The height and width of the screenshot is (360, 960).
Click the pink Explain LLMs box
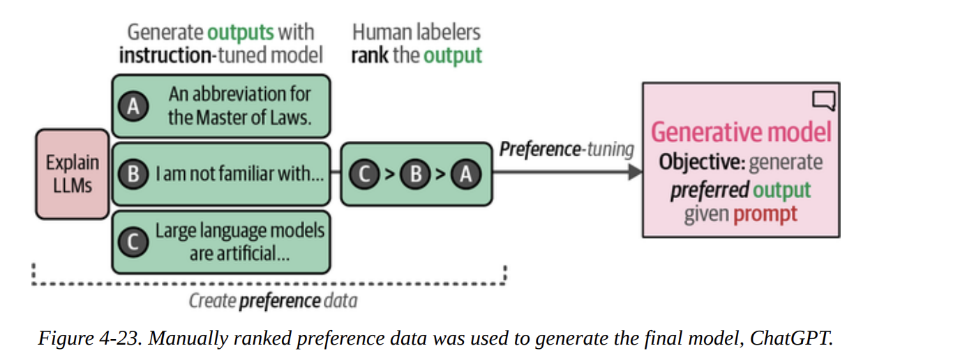pos(73,174)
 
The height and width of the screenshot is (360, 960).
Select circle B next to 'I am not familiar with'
pos(134,174)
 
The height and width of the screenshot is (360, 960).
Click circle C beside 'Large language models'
pos(134,241)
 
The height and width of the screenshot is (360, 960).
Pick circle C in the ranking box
pos(363,174)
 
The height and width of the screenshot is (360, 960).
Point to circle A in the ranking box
pos(466,174)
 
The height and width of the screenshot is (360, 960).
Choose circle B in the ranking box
pos(415,174)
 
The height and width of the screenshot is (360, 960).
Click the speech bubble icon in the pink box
pos(823,100)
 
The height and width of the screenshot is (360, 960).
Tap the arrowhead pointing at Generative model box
pos(634,171)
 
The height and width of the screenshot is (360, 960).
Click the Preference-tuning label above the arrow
pos(567,149)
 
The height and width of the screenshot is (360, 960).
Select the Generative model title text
pos(741,132)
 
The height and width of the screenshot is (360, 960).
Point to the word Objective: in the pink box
pos(702,163)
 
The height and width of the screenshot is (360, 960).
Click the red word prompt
pos(765,213)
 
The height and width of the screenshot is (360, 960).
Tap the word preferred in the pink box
pos(710,189)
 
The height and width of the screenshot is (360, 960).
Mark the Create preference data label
pos(273,301)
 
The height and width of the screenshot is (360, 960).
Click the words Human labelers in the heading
pos(417,32)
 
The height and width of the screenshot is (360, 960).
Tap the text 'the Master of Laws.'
pos(239,117)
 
